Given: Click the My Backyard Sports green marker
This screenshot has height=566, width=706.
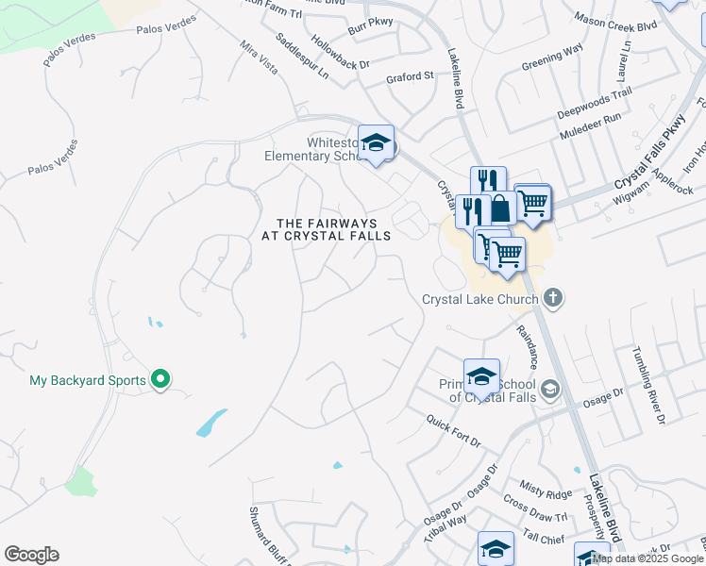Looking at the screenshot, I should [160, 380].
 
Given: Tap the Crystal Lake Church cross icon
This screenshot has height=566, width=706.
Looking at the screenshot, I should [553, 299].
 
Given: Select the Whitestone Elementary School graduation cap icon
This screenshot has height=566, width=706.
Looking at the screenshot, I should [376, 142].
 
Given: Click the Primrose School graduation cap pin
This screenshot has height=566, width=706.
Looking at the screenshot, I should [481, 375].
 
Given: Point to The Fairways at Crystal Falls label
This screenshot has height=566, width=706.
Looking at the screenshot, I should [326, 229].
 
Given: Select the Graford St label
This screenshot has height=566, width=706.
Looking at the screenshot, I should [410, 76].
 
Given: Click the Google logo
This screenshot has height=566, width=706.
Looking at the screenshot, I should [31, 555].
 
